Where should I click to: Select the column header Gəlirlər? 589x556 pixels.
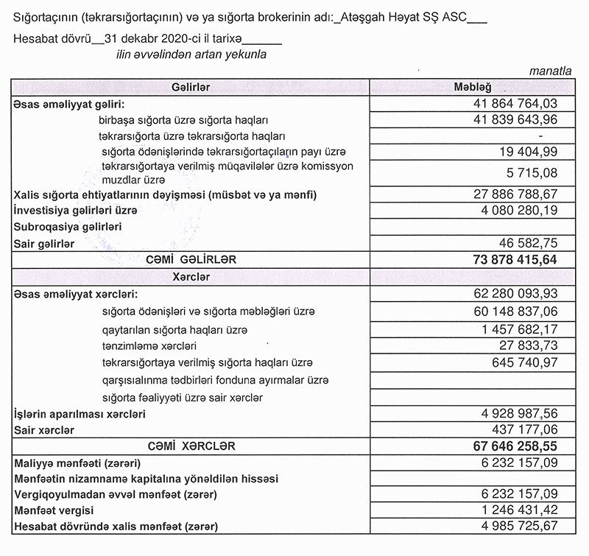pos(190,88)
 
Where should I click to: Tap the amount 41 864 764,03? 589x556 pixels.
pos(515,104)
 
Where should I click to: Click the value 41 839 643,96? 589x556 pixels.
pos(515,119)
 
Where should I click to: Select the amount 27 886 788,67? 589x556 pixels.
pos(515,194)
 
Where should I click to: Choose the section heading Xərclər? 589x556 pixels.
pos(190,277)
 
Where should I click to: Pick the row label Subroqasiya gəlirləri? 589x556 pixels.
pos(68,226)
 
